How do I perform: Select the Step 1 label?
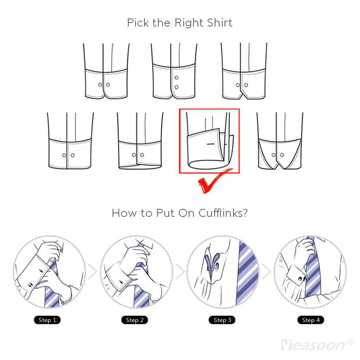[47, 320]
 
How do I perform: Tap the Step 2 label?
[135, 320]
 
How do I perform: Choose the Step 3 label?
[222, 320]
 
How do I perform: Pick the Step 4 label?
[310, 320]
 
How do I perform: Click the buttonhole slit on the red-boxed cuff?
[211, 144]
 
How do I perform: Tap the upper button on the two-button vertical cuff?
[176, 77]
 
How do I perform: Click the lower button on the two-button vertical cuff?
[176, 87]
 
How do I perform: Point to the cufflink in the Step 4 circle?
[301, 279]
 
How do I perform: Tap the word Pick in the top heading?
[138, 23]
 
